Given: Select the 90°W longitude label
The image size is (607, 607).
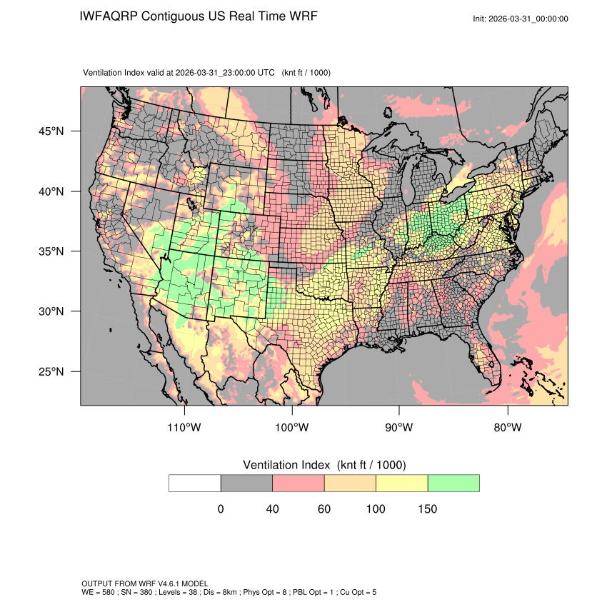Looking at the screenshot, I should (x=399, y=428).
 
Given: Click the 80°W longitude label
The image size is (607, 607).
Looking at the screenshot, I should (x=507, y=428).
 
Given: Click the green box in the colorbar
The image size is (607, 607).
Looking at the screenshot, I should (x=453, y=483).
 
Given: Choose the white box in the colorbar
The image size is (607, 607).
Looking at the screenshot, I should (x=195, y=483).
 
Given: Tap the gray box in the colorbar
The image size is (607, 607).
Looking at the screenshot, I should (x=246, y=483).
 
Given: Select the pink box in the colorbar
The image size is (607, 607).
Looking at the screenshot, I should (x=299, y=483).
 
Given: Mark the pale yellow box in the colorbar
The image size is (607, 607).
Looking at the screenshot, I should (x=401, y=483).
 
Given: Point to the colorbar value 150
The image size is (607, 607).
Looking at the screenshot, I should (x=427, y=509).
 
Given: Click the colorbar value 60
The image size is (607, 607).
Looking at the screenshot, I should (x=324, y=509).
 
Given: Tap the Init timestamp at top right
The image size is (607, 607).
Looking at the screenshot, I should (x=521, y=19).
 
